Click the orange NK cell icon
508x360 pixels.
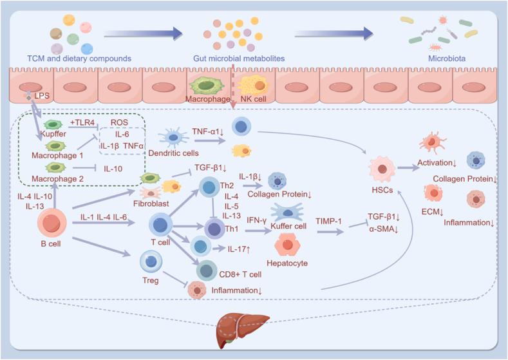[x=253, y=86]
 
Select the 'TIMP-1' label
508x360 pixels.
[x=328, y=220]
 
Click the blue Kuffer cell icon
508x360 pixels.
[x=292, y=213]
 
